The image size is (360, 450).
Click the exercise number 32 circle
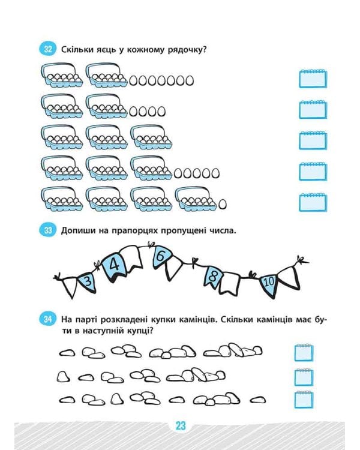(x=48, y=49)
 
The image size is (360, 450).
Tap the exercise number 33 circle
(x=48, y=230)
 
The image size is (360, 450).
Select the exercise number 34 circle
(x=48, y=319)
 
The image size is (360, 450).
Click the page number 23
(x=181, y=425)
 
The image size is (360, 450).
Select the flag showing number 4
(x=114, y=266)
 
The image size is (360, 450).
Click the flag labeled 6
(x=161, y=256)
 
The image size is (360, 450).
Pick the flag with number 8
(x=213, y=277)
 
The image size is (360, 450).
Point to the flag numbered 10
(x=268, y=284)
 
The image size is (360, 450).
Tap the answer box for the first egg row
(x=313, y=79)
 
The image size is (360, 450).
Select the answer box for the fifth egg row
(x=313, y=203)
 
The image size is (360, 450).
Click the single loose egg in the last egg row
(x=222, y=204)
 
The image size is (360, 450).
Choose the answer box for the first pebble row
(x=304, y=352)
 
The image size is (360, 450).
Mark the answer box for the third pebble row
(x=304, y=400)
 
